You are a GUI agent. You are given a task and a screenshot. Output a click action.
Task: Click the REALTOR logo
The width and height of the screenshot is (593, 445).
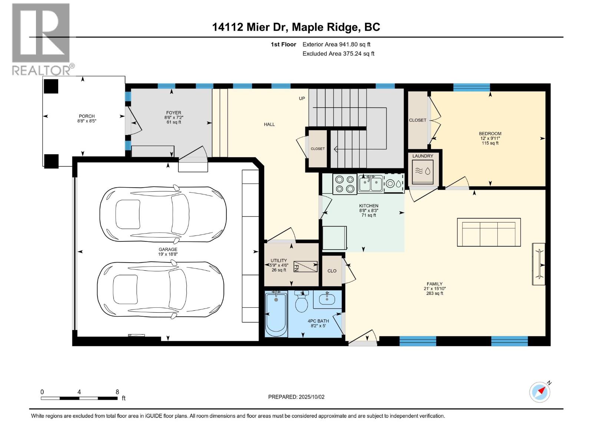pyautogui.click(x=41, y=39)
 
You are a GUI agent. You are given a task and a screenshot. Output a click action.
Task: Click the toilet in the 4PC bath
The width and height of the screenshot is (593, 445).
pyautogui.click(x=302, y=302)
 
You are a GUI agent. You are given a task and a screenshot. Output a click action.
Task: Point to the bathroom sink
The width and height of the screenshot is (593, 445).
pyautogui.click(x=327, y=299)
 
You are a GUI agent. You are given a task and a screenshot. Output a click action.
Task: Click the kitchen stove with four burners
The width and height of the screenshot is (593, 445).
pyautogui.click(x=345, y=184)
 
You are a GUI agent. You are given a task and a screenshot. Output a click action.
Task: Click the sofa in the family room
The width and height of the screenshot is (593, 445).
pyautogui.click(x=488, y=233)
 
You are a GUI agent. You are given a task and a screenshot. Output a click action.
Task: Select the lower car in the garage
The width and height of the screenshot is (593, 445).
pyautogui.click(x=160, y=290)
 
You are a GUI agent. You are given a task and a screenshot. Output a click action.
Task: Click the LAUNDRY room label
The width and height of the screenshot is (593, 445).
pyautogui.click(x=423, y=156)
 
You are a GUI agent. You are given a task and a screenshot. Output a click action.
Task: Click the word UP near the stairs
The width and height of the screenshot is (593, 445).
pyautogui.click(x=302, y=99)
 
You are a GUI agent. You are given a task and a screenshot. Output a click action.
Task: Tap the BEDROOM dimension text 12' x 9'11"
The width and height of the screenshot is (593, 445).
pyautogui.click(x=490, y=138)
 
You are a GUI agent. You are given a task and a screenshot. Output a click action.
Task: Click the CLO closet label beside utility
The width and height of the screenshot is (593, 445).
pyautogui.click(x=332, y=271)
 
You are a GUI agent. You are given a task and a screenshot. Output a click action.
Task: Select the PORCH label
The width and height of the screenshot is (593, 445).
pyautogui.click(x=87, y=116)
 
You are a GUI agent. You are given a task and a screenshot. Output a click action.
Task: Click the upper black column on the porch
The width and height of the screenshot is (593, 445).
pyautogui.click(x=51, y=86)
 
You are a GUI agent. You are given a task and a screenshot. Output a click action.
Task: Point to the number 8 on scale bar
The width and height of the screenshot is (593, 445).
pyautogui.click(x=117, y=392)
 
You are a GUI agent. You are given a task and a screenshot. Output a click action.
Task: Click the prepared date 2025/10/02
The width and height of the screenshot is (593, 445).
pyautogui.click(x=311, y=397)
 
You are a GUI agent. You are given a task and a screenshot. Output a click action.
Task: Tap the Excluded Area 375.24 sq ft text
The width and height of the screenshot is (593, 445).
pyautogui.click(x=338, y=53)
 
